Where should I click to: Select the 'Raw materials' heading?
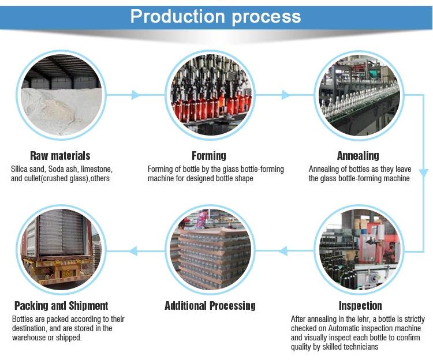tap(60, 156)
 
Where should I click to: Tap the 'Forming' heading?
tap(209, 156)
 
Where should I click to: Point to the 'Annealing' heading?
tap(358, 156)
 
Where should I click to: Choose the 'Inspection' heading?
tap(360, 306)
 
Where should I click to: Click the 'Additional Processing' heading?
tap(210, 306)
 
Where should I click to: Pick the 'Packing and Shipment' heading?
tap(61, 306)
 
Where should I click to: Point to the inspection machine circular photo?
tap(359, 250)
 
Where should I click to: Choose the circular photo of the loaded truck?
tap(62, 250)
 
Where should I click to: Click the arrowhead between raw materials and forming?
tap(136, 95)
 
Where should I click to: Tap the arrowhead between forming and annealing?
tap(285, 95)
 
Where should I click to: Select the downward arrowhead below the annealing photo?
tap(423, 172)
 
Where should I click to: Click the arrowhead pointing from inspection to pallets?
tap(283, 250)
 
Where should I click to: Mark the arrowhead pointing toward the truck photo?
tap(133, 250)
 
